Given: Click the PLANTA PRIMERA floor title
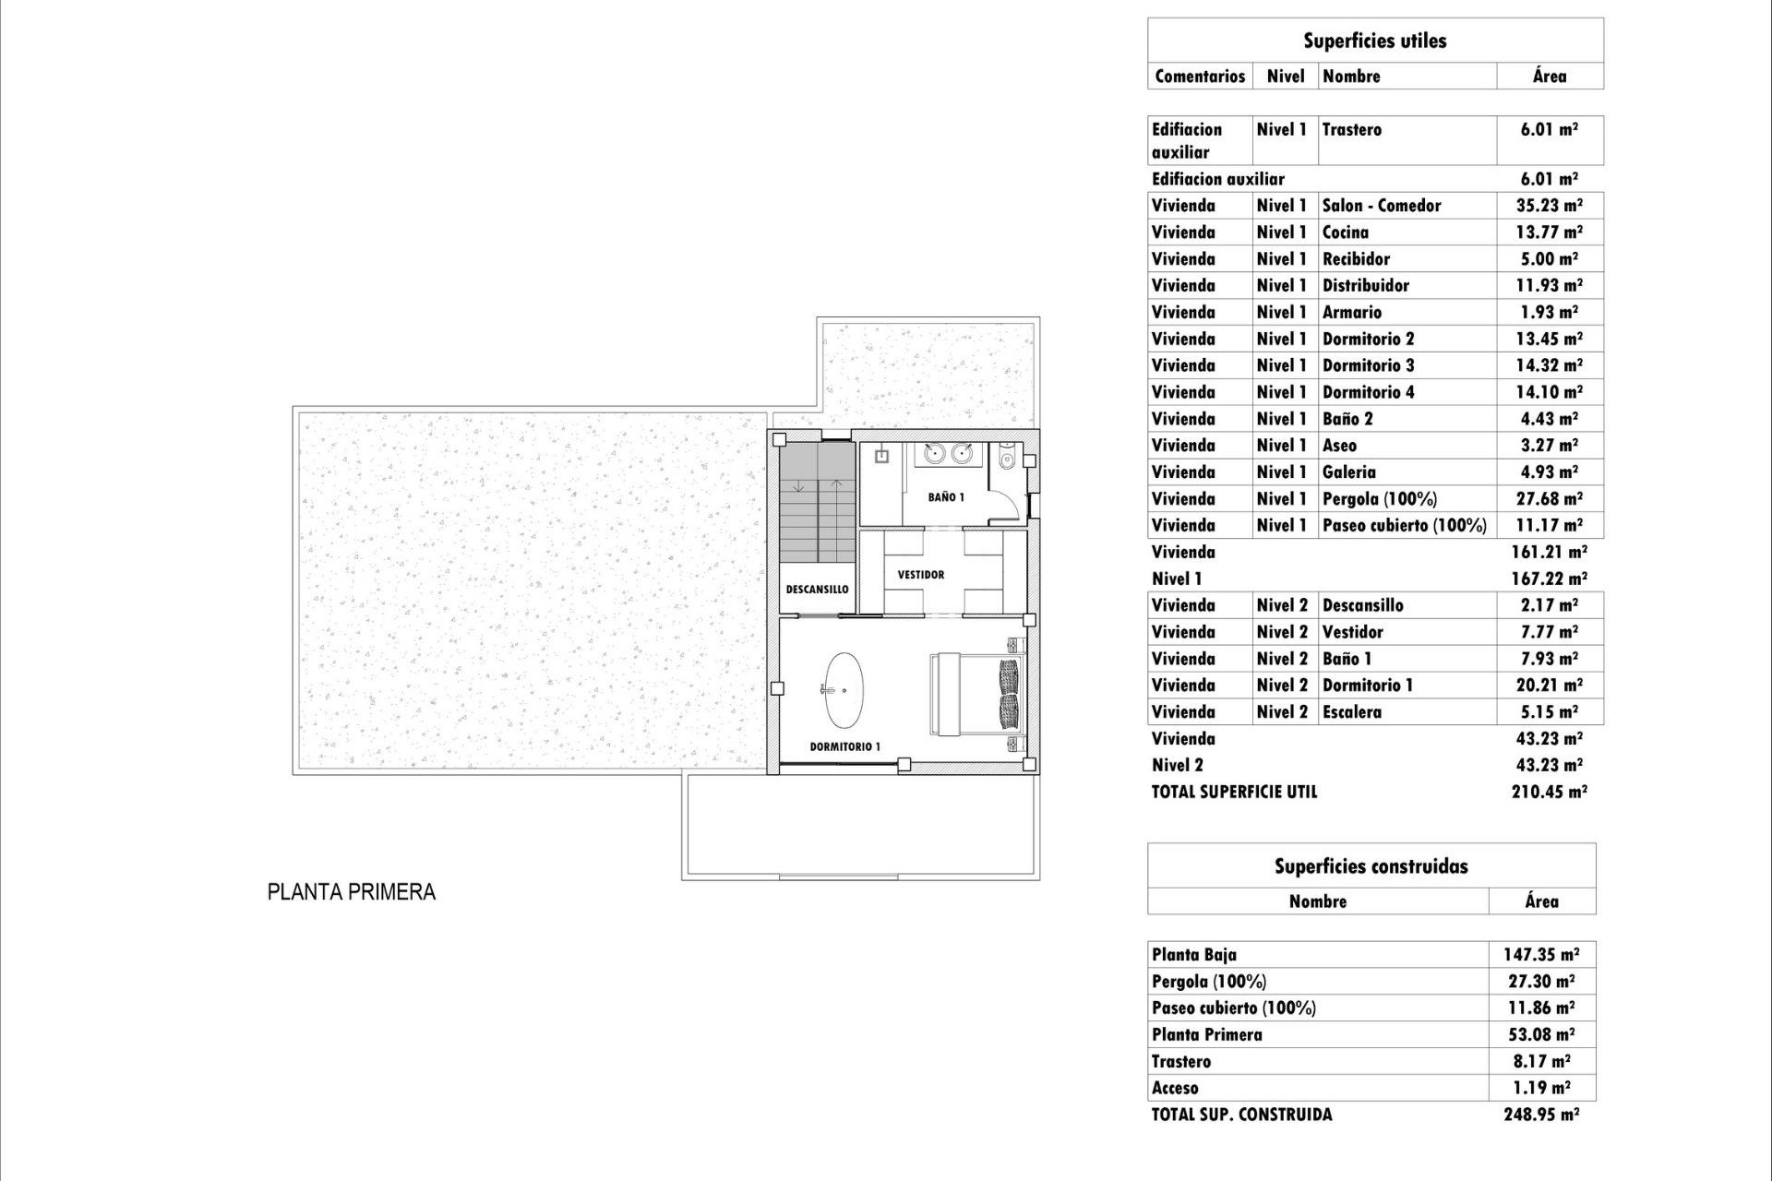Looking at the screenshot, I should click(351, 892).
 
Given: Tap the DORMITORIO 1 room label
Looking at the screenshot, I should click(844, 746).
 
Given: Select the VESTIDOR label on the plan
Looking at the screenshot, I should click(920, 575).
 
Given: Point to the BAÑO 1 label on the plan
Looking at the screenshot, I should click(946, 497).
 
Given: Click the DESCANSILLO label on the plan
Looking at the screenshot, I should click(817, 590).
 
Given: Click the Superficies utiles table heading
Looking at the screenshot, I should click(1374, 41).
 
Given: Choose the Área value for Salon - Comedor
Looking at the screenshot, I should click(1549, 206).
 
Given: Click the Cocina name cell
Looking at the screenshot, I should click(1345, 233).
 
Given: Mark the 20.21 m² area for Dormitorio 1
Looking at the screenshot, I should click(1549, 686).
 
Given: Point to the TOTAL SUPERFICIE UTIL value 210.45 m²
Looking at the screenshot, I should click(1549, 792).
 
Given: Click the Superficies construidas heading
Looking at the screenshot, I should click(1371, 866).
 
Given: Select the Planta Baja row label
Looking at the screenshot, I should click(1193, 955).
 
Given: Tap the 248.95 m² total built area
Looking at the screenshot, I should click(1540, 1115).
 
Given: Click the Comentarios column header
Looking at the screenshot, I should click(1199, 77).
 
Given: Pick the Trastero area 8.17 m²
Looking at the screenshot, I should click(1540, 1061).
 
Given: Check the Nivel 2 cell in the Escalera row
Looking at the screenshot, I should click(1282, 712).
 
